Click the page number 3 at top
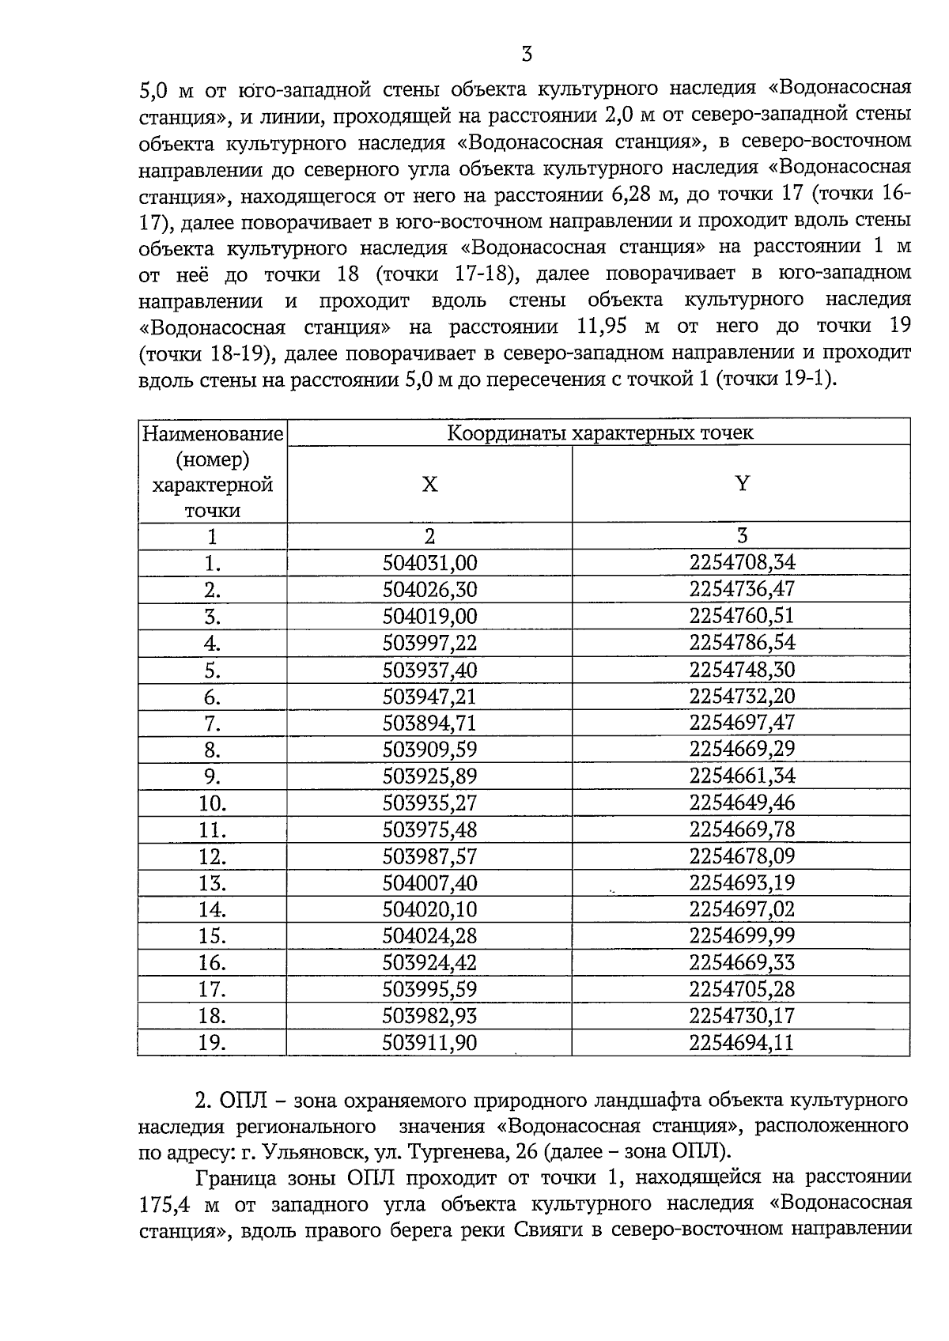[527, 55]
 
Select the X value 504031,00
[429, 563]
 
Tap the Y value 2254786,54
[741, 642]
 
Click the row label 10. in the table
[212, 804]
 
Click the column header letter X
[429, 484]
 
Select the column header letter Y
[741, 484]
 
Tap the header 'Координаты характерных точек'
[599, 433]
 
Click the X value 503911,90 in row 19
[429, 1043]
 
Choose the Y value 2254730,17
[741, 1016]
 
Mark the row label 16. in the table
[212, 963]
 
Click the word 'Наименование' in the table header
[212, 434]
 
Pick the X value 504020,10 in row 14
[429, 910]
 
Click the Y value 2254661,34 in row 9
[741, 776]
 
